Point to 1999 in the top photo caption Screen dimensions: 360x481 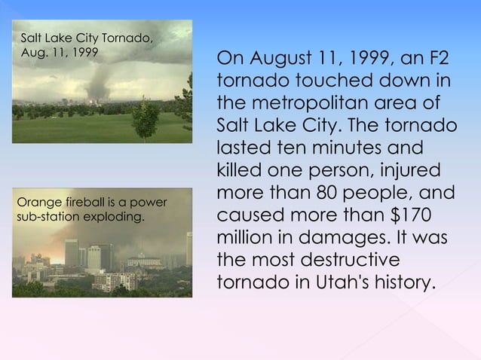(83, 53)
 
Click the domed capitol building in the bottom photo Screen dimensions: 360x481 (142, 260)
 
